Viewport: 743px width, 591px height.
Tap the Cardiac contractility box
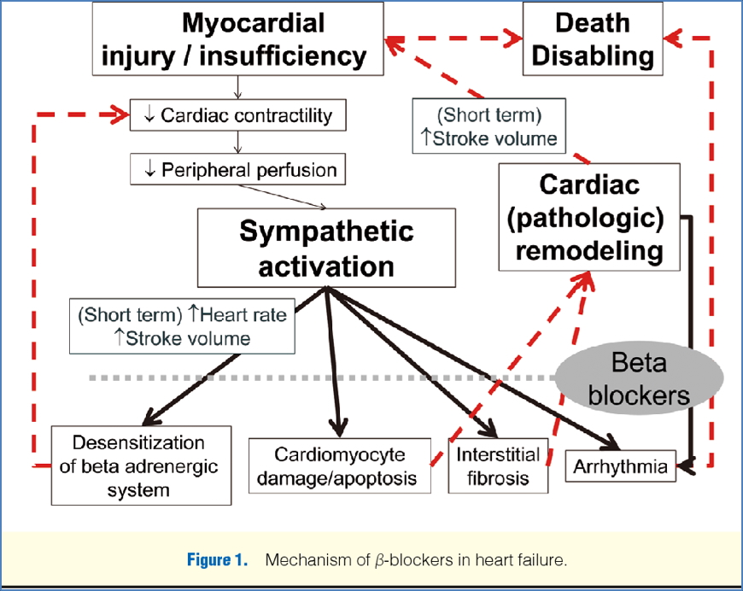coord(237,114)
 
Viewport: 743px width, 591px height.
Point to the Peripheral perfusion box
coord(237,169)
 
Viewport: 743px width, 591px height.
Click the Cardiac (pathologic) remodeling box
coord(588,217)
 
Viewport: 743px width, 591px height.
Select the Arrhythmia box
coord(621,466)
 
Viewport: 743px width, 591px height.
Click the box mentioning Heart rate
coord(182,325)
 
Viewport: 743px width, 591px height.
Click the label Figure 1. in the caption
coord(218,561)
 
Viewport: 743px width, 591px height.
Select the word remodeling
coord(588,251)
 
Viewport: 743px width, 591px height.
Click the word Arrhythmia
coord(621,466)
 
